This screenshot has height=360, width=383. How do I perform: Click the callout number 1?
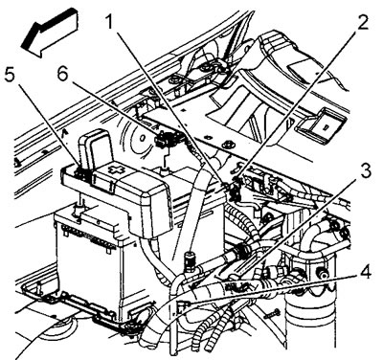point(109,21)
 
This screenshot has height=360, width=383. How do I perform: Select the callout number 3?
point(365,171)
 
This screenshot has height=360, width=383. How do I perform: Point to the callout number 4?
point(365,273)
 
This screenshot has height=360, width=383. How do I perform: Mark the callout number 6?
point(62,76)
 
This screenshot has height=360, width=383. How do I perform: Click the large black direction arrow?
point(50,33)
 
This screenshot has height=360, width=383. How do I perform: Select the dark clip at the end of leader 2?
point(235,189)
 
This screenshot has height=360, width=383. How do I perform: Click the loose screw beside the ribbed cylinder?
point(272,313)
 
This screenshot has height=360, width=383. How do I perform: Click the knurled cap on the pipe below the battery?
point(190,259)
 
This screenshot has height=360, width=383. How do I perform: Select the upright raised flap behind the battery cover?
point(95,147)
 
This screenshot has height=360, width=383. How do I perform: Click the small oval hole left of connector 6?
point(142,138)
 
